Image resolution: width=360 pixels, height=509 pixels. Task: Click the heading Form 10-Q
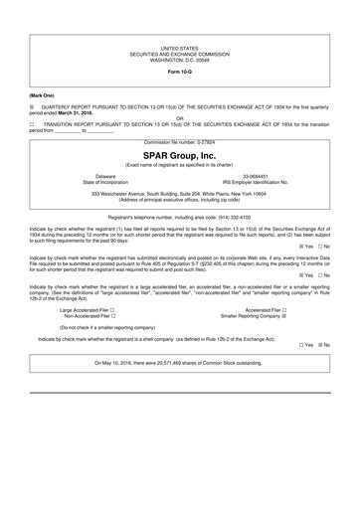point(180,74)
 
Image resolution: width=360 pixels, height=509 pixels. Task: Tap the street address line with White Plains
point(180,194)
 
